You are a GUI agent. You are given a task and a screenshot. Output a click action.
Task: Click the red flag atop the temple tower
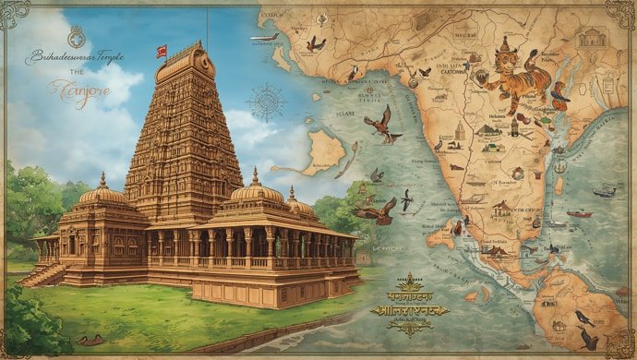162,51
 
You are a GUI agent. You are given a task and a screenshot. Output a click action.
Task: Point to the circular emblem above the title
78,40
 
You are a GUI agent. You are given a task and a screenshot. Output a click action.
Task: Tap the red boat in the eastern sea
579,214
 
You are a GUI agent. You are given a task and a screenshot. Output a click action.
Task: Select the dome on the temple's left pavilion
102,193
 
